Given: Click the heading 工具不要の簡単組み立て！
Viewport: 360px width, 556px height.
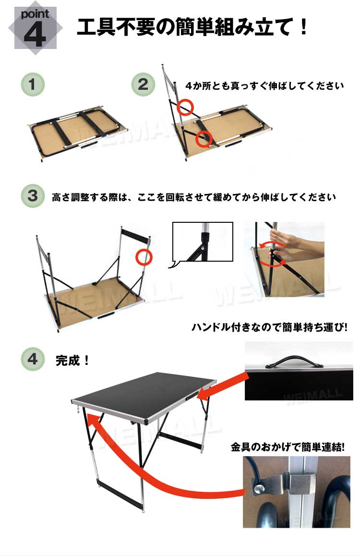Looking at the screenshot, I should [x=192, y=28].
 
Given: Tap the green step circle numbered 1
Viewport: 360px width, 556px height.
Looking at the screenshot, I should [x=33, y=85].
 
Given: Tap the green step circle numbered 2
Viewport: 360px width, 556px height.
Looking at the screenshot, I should [x=143, y=85].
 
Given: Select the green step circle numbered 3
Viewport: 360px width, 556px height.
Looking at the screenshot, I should [x=33, y=196].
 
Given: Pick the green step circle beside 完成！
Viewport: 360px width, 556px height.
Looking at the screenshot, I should [x=33, y=360].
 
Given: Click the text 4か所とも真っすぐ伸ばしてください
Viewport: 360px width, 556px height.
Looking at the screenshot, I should [x=264, y=86].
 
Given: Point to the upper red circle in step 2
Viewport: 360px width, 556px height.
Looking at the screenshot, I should [x=185, y=107].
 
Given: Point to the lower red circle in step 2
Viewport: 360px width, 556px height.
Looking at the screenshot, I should [x=204, y=139].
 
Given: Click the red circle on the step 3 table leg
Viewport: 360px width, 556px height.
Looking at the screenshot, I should [x=144, y=257].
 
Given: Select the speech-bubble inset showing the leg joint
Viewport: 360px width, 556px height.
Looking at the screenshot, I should [x=202, y=242].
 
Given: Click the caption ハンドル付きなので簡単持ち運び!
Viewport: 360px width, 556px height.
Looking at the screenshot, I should [x=269, y=327].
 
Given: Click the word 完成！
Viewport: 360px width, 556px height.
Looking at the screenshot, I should [x=72, y=361].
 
